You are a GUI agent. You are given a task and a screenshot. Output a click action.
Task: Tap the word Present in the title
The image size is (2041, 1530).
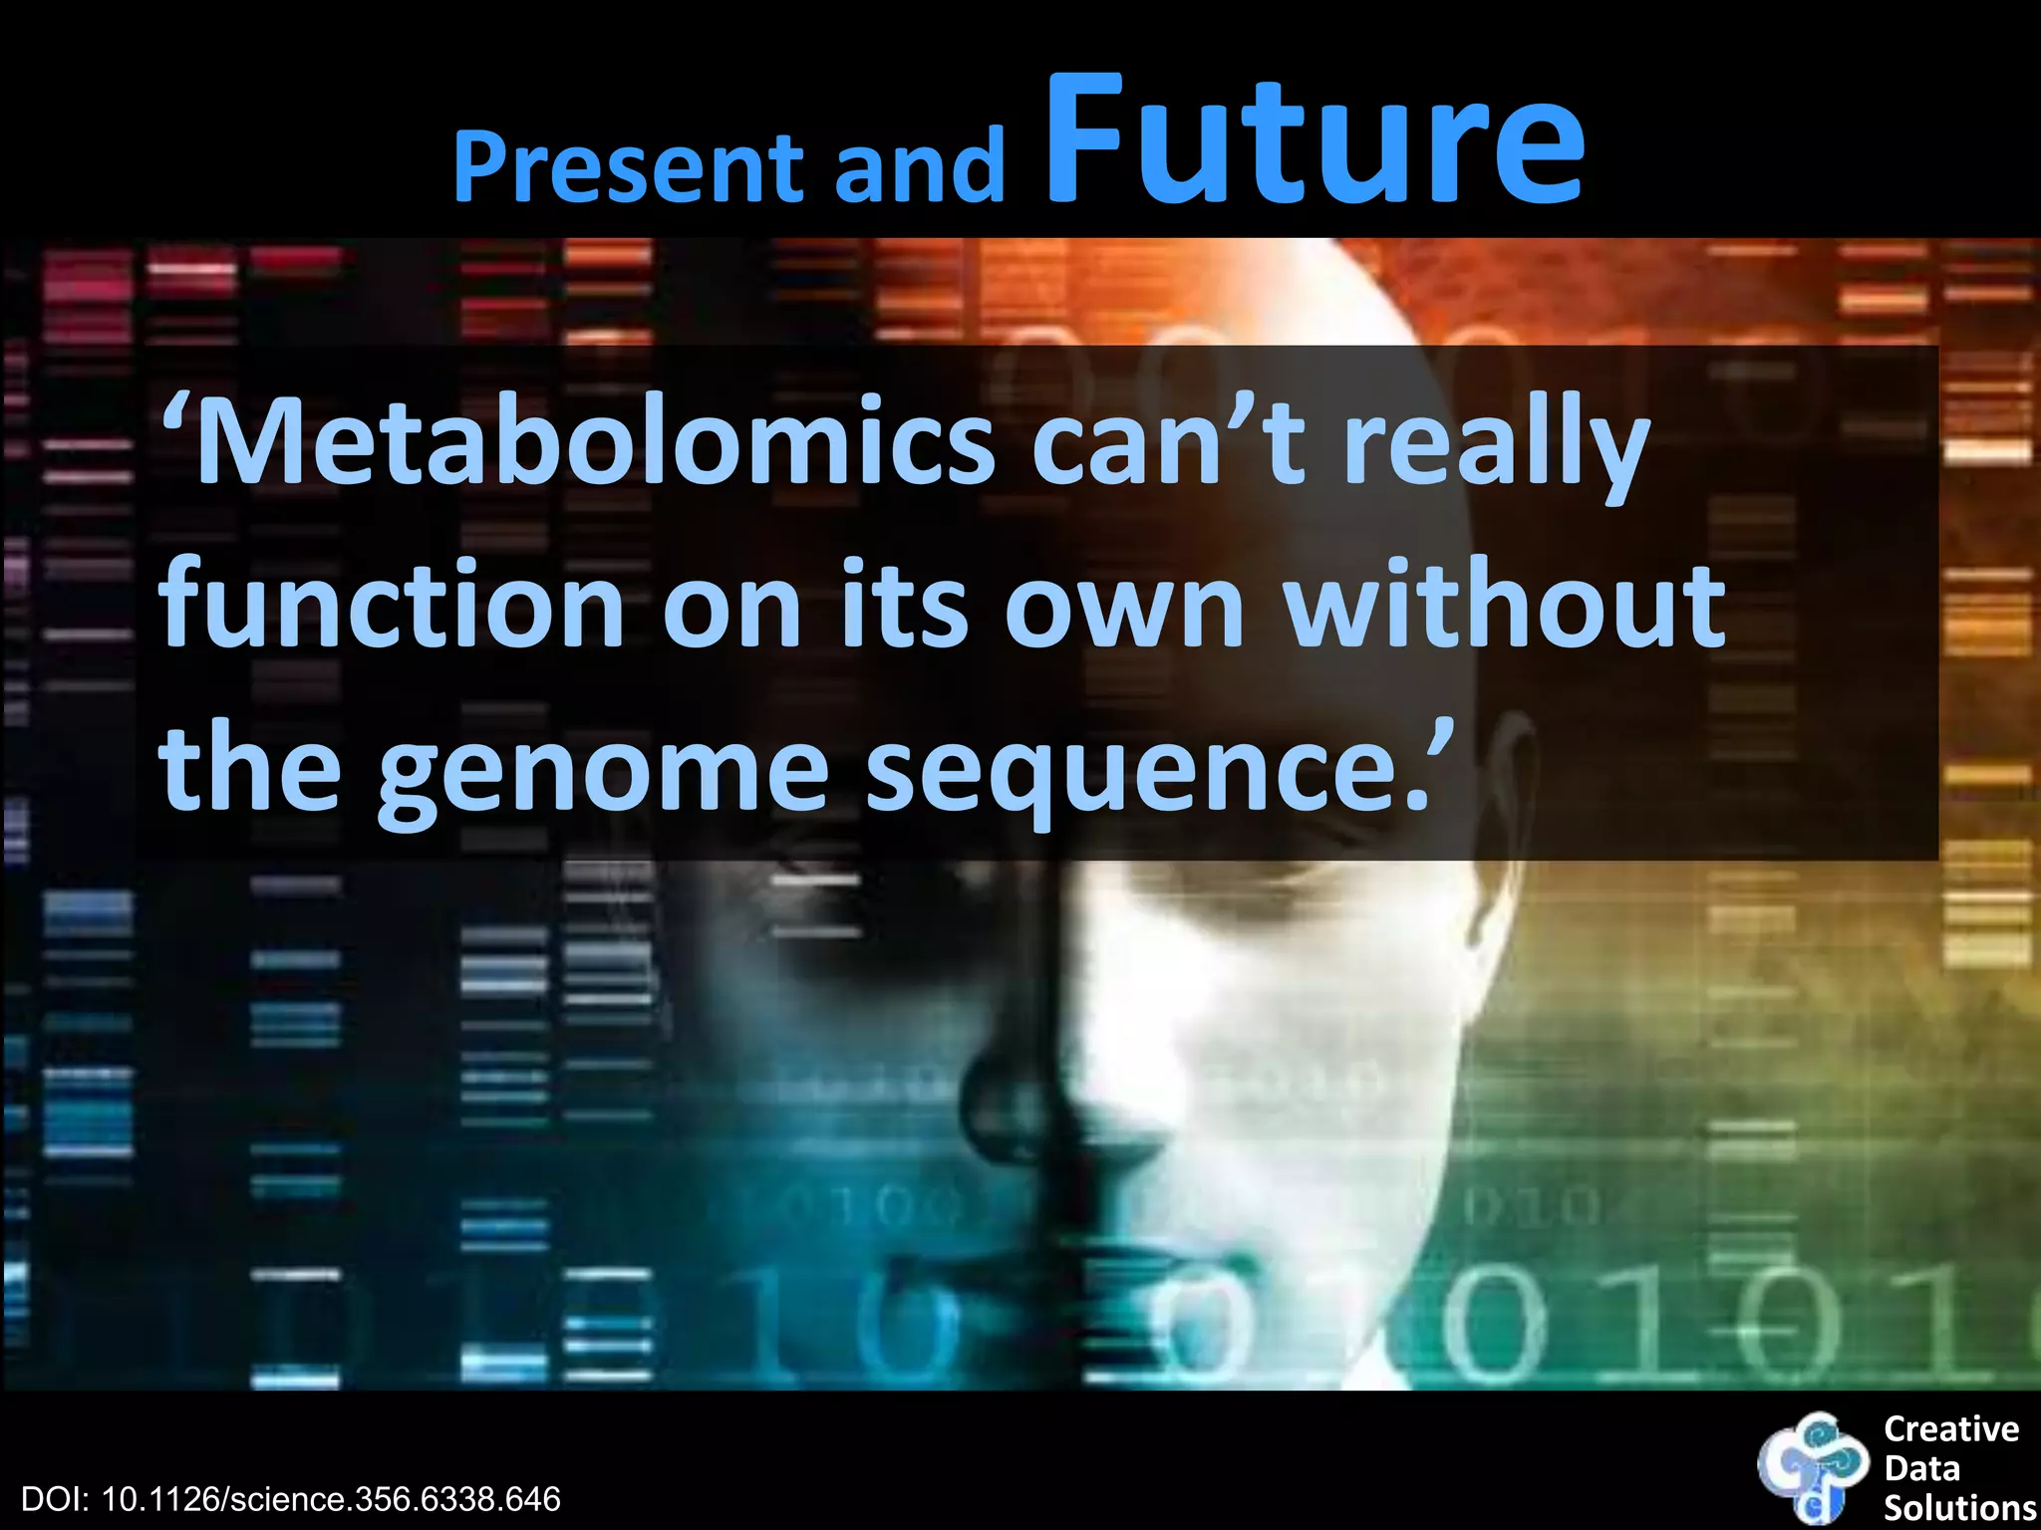pyautogui.click(x=628, y=166)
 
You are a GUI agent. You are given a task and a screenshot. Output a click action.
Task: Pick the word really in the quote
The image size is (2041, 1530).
pyautogui.click(x=1495, y=448)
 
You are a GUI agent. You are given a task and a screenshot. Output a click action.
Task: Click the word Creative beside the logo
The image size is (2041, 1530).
pyautogui.click(x=1950, y=1429)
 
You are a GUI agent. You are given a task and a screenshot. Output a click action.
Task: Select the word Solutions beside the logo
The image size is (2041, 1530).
pyautogui.click(x=1959, y=1507)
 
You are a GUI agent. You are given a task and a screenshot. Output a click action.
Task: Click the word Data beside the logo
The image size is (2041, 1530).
pyautogui.click(x=1921, y=1468)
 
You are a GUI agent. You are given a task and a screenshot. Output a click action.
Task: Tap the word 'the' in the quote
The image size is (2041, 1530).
pyautogui.click(x=249, y=767)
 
